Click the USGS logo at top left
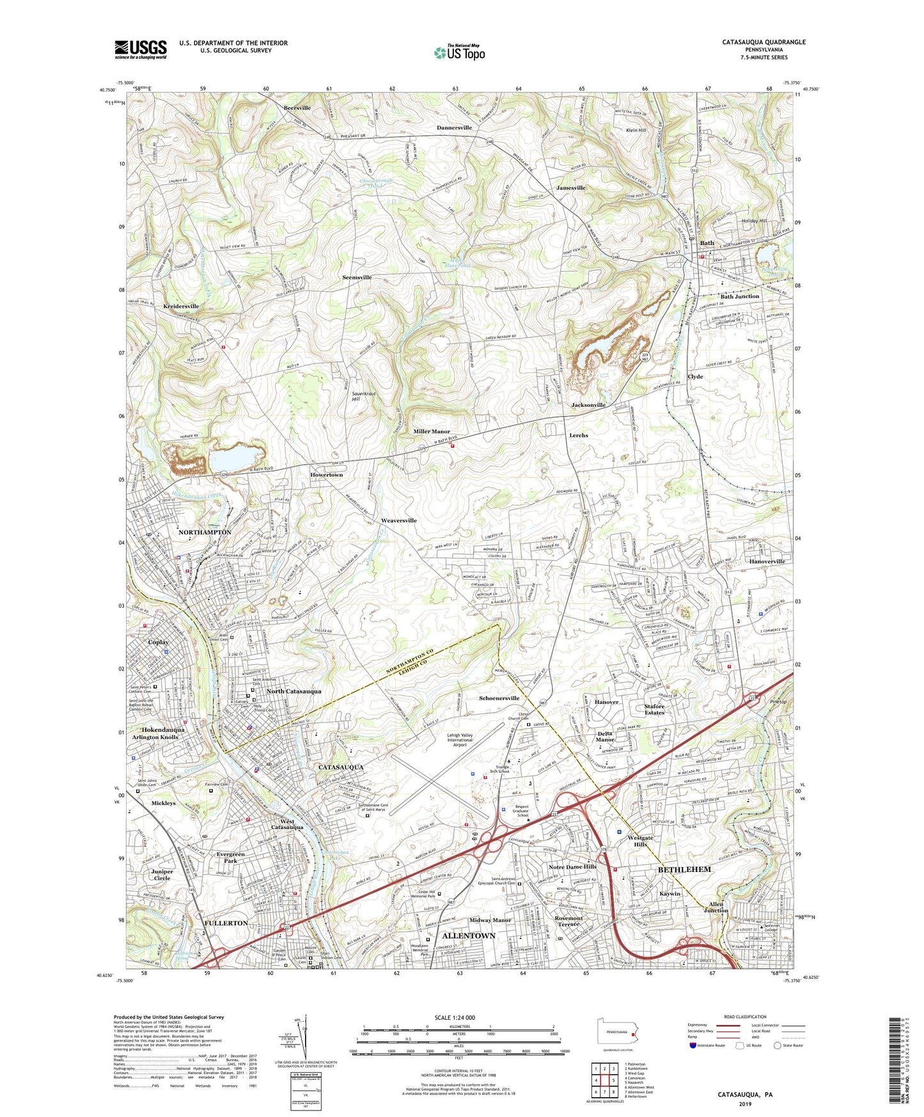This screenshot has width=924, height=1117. pyautogui.click(x=141, y=49)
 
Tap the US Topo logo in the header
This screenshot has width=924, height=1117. pyautogui.click(x=459, y=52)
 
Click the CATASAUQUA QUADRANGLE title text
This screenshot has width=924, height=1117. pyautogui.click(x=763, y=42)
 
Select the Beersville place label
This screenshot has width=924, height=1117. pyautogui.click(x=297, y=108)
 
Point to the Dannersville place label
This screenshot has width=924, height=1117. pyautogui.click(x=454, y=128)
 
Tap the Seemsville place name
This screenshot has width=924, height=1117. pyautogui.click(x=357, y=278)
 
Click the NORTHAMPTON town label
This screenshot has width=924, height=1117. pyautogui.click(x=205, y=532)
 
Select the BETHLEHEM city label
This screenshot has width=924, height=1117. pyautogui.click(x=684, y=870)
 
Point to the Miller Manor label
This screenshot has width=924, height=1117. pyautogui.click(x=432, y=432)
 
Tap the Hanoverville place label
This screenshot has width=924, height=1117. pyautogui.click(x=767, y=561)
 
